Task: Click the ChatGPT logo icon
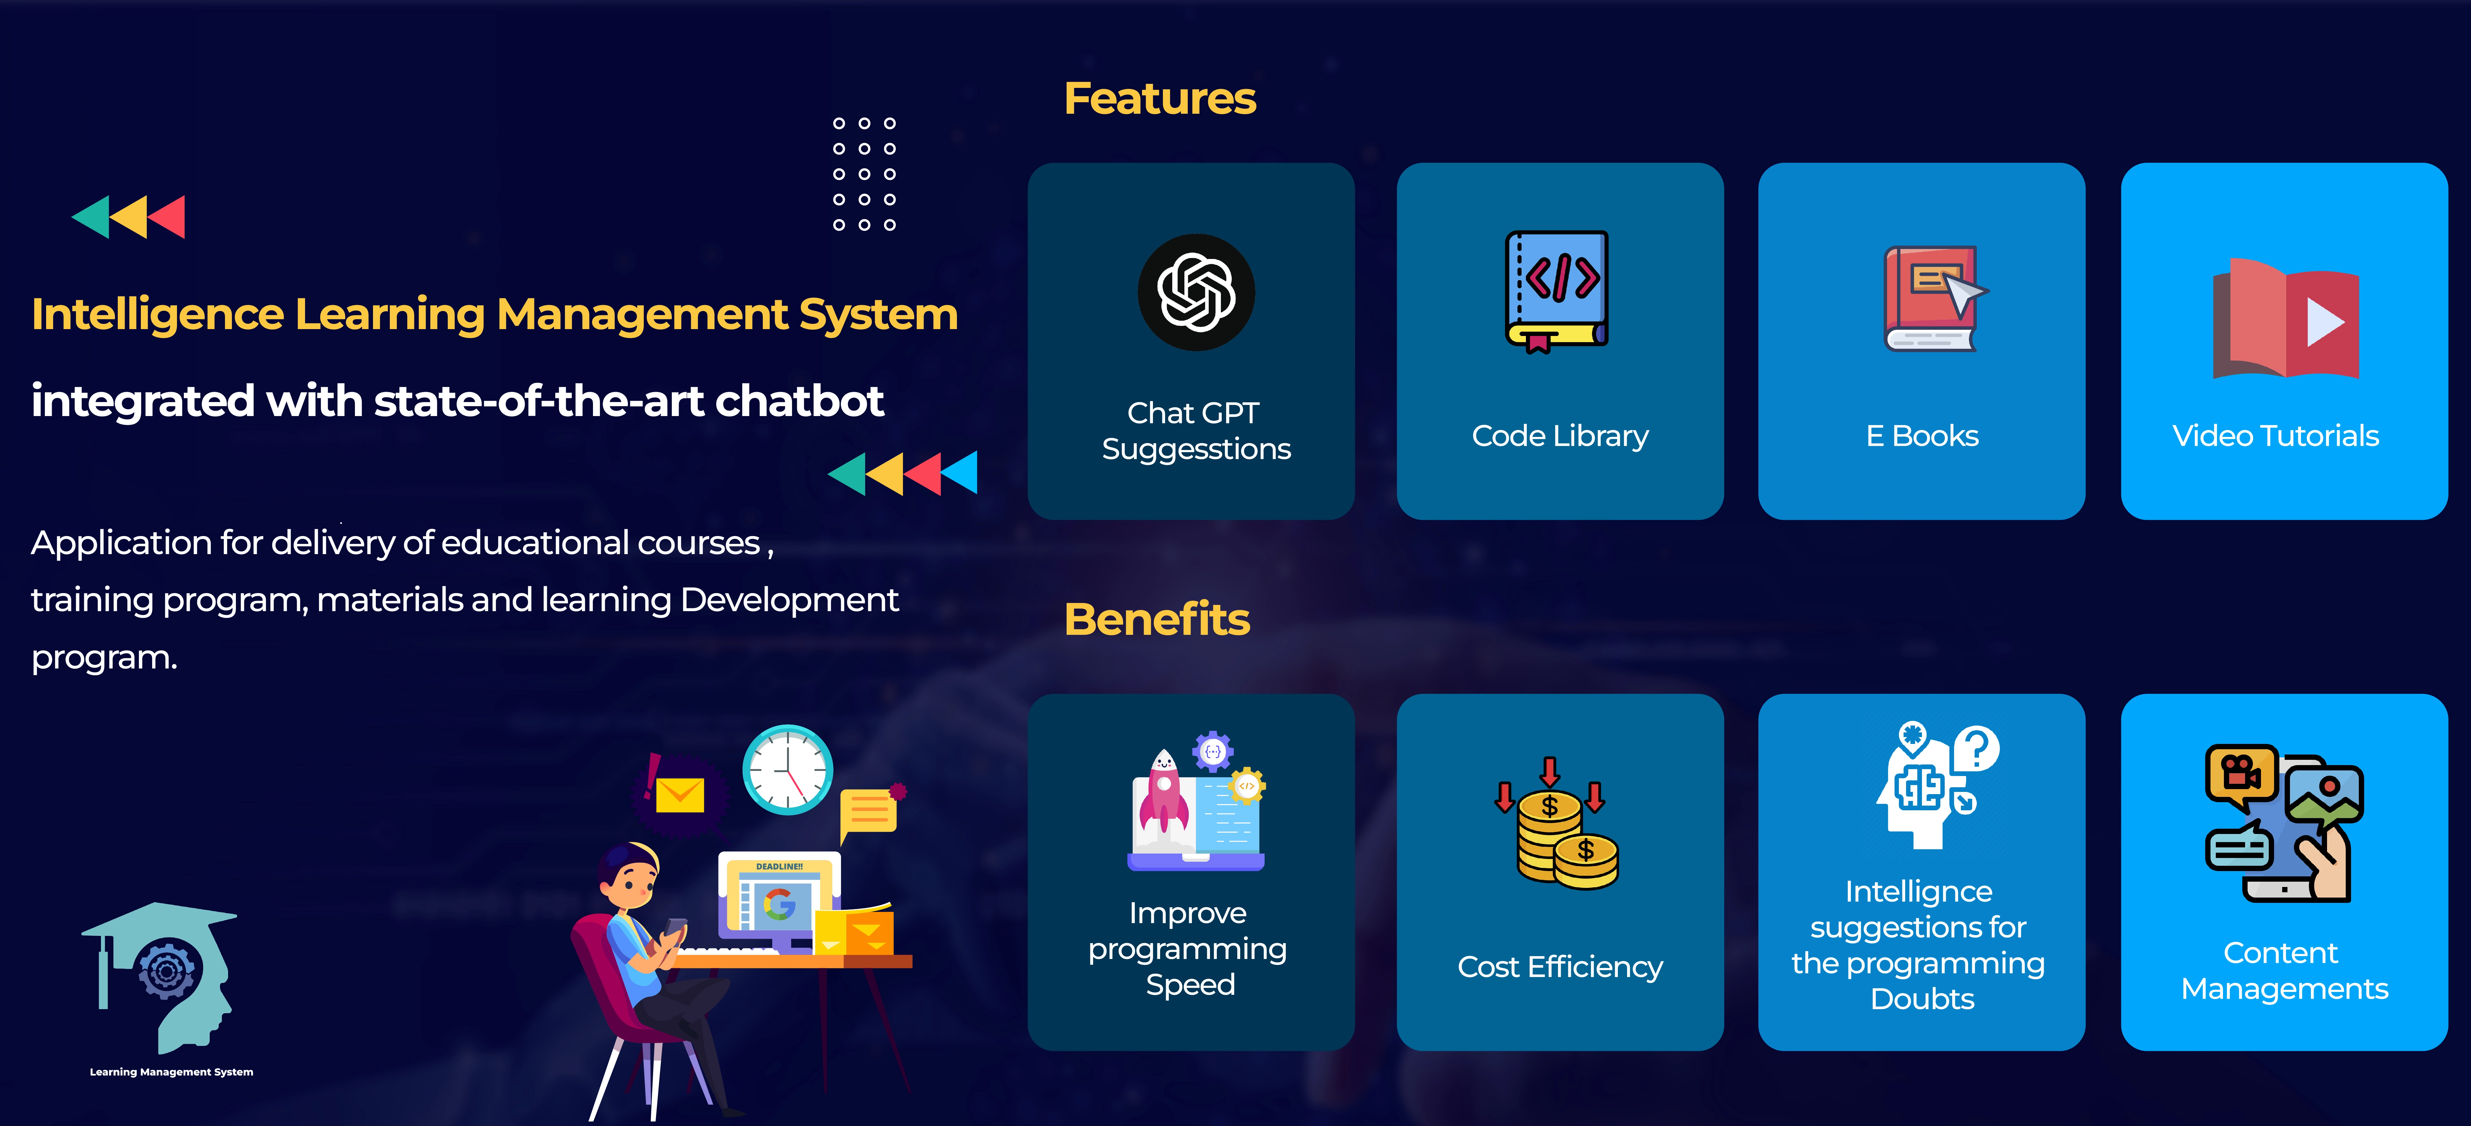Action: (1196, 293)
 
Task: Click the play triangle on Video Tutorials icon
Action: (2325, 321)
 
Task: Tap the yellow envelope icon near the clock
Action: (680, 794)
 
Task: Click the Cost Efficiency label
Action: (1560, 967)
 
